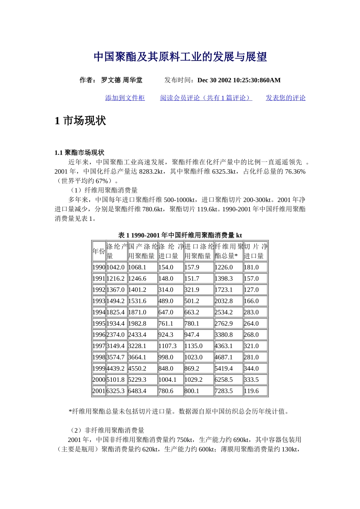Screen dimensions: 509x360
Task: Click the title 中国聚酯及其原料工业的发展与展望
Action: (x=180, y=57)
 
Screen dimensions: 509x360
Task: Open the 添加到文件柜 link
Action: (x=125, y=98)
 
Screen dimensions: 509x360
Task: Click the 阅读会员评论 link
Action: (x=206, y=98)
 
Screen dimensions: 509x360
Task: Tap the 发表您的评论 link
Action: (x=285, y=98)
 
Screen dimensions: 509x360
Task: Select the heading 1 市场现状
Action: (x=80, y=121)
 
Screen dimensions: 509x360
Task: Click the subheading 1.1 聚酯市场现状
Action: (x=79, y=153)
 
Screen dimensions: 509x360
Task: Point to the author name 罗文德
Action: (x=111, y=80)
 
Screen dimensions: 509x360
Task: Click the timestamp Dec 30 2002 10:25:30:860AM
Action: (x=239, y=80)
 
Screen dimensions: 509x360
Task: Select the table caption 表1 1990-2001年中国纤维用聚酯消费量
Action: (x=180, y=235)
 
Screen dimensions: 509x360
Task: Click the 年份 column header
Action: (x=99, y=251)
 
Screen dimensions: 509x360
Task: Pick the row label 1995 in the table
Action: (x=99, y=323)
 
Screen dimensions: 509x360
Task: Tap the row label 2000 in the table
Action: (x=99, y=379)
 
